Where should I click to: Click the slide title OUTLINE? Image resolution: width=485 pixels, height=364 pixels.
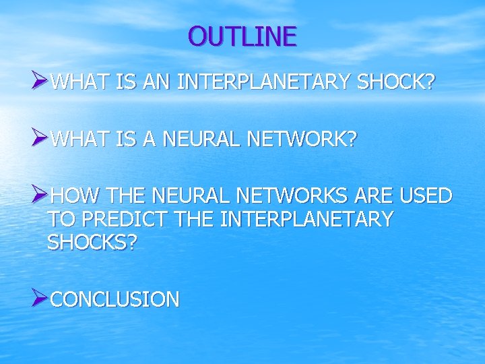click(243, 36)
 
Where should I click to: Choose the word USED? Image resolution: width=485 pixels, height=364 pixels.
click(426, 196)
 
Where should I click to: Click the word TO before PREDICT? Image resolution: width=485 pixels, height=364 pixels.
click(59, 219)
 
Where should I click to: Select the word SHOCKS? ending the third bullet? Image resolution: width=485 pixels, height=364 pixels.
click(92, 242)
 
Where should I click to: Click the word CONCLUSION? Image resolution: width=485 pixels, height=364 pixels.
click(115, 299)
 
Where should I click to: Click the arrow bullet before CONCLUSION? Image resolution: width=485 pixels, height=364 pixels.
click(40, 298)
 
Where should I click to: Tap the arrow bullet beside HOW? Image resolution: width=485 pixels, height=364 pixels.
click(40, 195)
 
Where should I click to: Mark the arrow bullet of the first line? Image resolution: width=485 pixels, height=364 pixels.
click(40, 82)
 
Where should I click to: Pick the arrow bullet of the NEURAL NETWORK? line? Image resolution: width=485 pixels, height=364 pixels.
click(40, 140)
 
